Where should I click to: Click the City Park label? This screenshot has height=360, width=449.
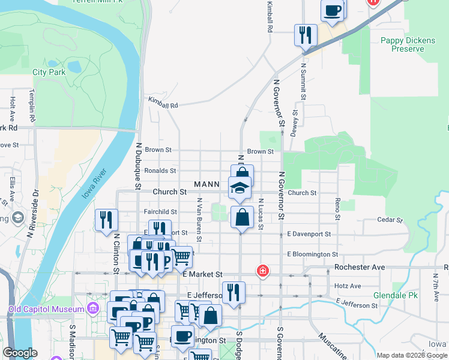pyautogui.click(x=49, y=72)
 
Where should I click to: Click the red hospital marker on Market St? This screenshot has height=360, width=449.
pyautogui.click(x=262, y=271)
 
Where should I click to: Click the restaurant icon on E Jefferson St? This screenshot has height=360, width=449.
pyautogui.click(x=234, y=292)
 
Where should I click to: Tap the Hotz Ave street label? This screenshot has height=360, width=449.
pyautogui.click(x=348, y=286)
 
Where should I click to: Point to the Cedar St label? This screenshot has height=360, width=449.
pyautogui.click(x=388, y=220)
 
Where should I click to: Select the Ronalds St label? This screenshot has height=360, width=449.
pyautogui.click(x=160, y=170)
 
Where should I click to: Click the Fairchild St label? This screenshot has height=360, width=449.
pyautogui.click(x=161, y=212)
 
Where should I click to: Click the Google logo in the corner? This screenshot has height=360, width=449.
pyautogui.click(x=21, y=353)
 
